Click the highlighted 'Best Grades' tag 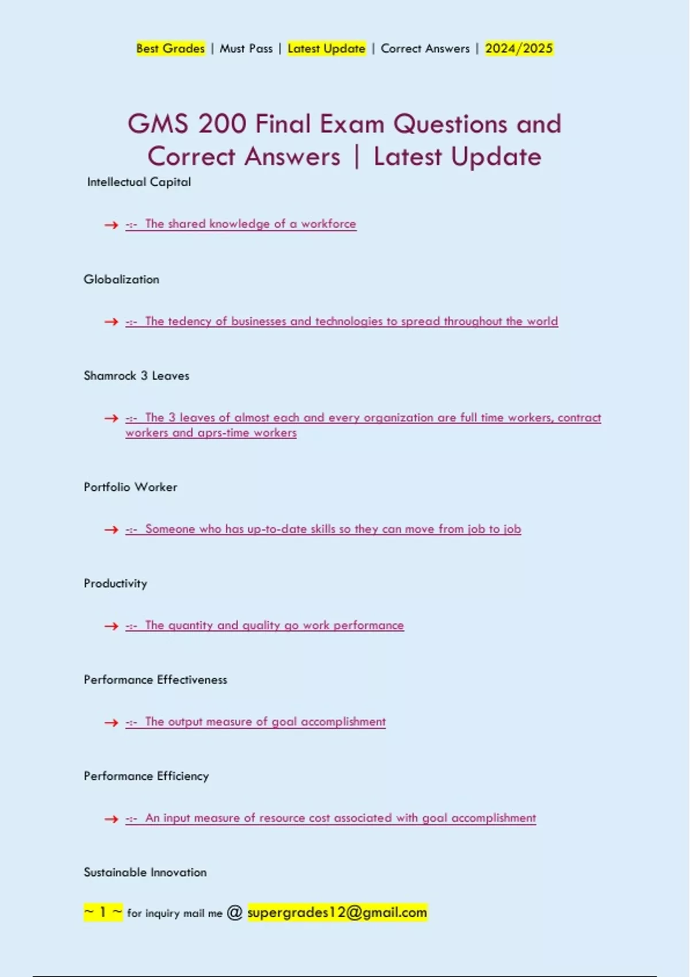click(x=170, y=48)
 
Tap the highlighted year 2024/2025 click(x=519, y=48)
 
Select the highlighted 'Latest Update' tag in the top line click(x=326, y=48)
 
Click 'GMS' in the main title click(x=158, y=124)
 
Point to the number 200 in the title click(x=223, y=124)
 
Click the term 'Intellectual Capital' click(x=139, y=182)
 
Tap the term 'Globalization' click(x=121, y=279)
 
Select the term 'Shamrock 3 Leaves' click(x=136, y=376)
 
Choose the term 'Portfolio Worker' click(x=131, y=487)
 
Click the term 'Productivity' click(x=116, y=583)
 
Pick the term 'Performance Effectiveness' click(x=155, y=680)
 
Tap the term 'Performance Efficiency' click(x=146, y=776)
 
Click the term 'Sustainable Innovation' click(x=145, y=872)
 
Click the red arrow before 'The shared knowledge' click(x=111, y=225)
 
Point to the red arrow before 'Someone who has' click(x=111, y=530)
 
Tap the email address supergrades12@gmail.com click(x=337, y=912)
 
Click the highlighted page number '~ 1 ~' click(x=103, y=912)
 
